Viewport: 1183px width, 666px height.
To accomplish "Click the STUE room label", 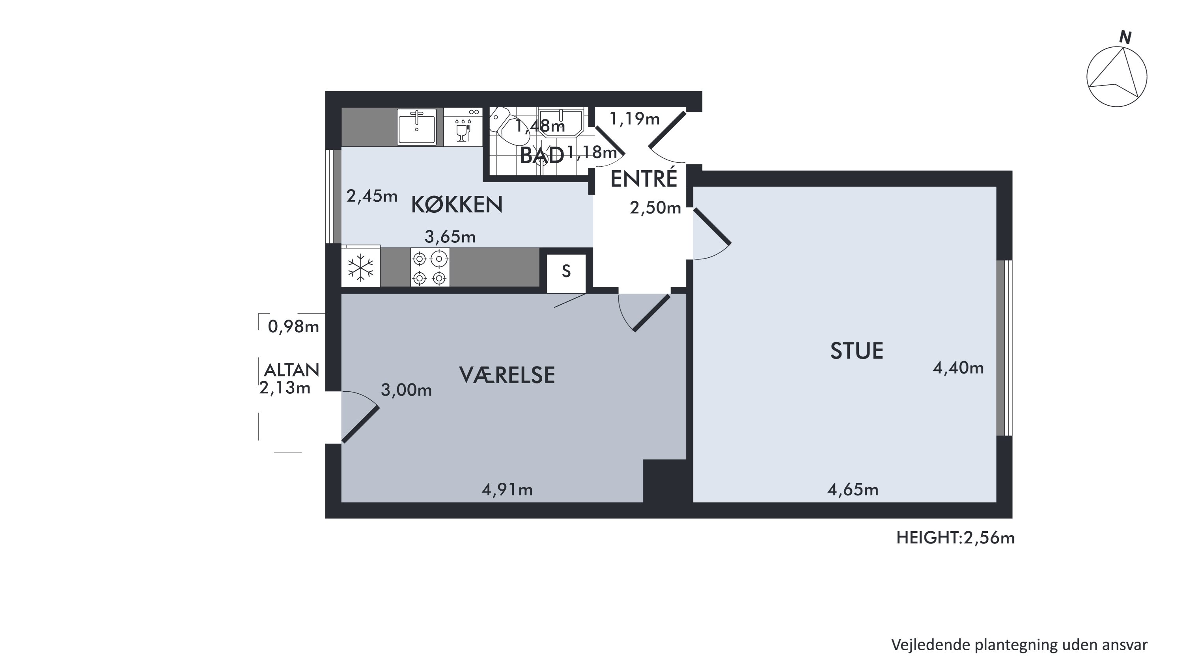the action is click(x=856, y=351).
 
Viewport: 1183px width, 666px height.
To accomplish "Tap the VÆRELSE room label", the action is click(x=507, y=376).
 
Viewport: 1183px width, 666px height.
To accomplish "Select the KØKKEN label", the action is click(x=457, y=205).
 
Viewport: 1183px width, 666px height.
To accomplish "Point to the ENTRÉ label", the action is click(x=644, y=178).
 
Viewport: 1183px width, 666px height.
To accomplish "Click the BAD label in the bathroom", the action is click(x=542, y=155).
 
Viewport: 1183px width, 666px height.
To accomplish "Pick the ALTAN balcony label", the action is click(x=292, y=370).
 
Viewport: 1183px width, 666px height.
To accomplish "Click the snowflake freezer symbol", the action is click(x=360, y=268).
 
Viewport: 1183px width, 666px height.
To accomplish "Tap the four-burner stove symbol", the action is click(x=430, y=268).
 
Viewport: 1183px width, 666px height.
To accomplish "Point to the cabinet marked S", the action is click(x=566, y=273).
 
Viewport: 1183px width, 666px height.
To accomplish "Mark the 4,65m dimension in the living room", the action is click(x=853, y=490).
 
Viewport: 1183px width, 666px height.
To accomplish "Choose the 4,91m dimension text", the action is click(x=507, y=490).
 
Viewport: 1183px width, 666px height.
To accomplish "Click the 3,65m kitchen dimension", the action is click(x=450, y=236).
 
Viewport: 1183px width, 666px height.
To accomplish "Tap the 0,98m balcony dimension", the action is click(x=293, y=326).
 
